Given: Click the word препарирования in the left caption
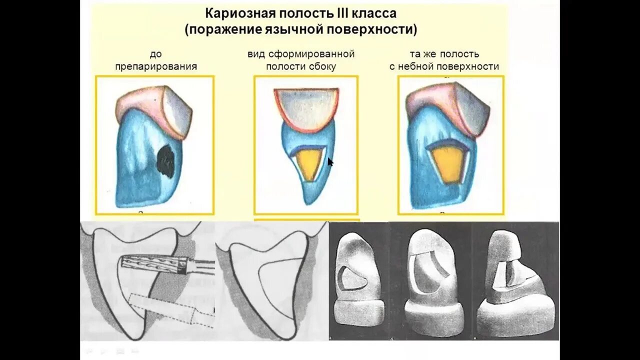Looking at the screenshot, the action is [155, 66].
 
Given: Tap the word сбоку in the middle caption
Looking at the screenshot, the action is [322, 66].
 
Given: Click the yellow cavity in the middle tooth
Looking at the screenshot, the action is [308, 164].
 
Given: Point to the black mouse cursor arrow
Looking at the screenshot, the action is [330, 162].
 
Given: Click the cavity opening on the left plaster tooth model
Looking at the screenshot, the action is [351, 278].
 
